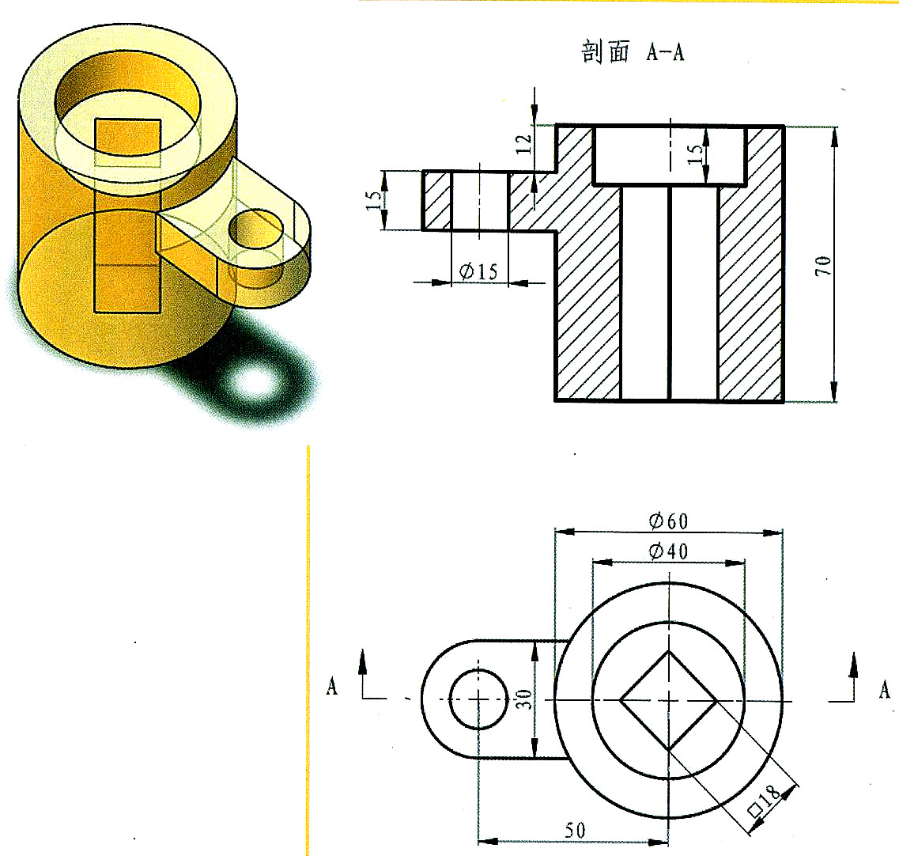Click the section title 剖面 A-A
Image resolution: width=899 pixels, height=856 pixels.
[633, 52]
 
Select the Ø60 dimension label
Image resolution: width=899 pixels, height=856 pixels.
[668, 521]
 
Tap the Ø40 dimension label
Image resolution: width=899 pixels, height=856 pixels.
[668, 551]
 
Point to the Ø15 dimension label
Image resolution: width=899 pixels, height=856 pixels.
[478, 271]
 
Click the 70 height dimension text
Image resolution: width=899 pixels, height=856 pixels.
[824, 266]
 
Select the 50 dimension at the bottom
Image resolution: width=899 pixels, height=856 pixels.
[575, 830]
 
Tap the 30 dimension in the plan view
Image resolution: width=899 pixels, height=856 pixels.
[523, 699]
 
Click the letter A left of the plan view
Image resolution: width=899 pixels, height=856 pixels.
[332, 687]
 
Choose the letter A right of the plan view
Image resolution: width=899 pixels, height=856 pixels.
[884, 690]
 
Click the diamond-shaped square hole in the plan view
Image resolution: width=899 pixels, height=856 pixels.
[669, 700]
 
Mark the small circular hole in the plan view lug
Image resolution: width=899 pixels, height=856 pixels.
[478, 699]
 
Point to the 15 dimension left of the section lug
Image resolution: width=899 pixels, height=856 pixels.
[373, 200]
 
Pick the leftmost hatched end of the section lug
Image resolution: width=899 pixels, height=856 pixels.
[436, 200]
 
